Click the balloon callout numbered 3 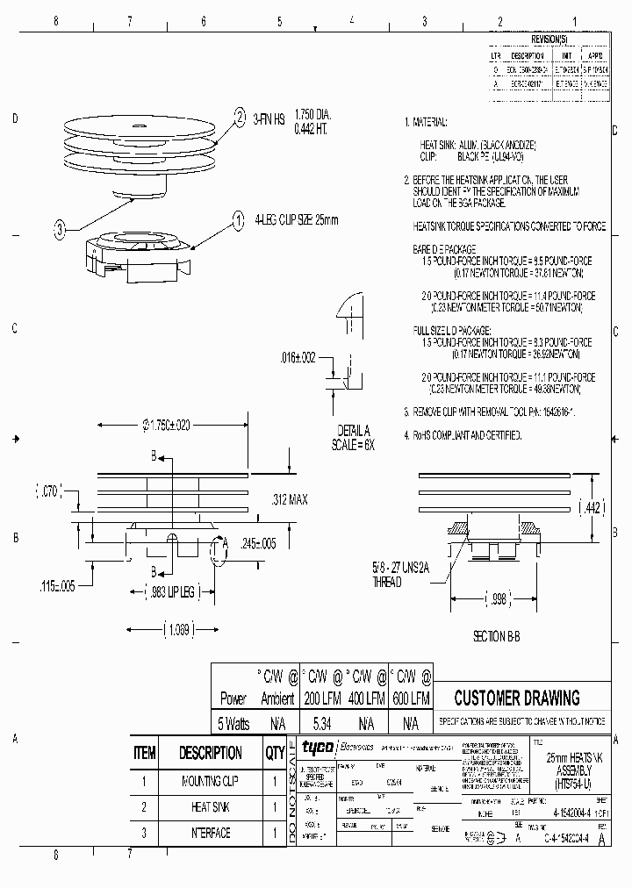(59, 231)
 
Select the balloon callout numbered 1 (238, 220)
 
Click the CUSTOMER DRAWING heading (516, 698)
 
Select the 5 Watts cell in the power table (233, 724)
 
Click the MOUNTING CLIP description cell (210, 780)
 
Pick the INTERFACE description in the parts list (210, 833)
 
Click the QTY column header (275, 753)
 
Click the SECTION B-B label (496, 637)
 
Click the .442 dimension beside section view (592, 508)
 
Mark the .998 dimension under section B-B (496, 599)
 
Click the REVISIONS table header (549, 40)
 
